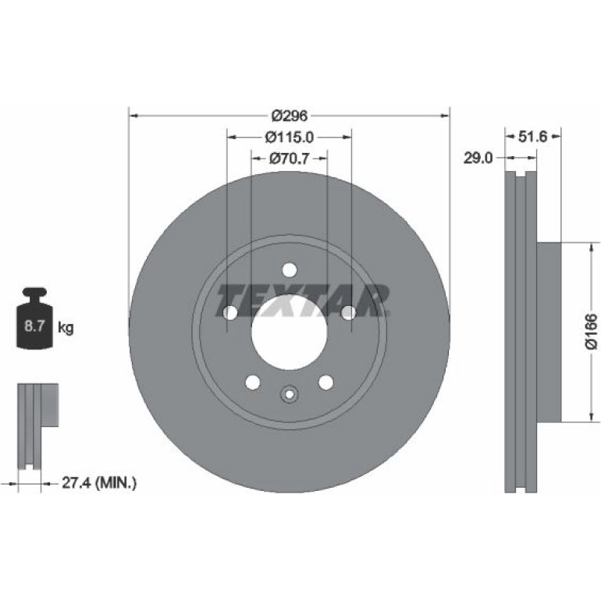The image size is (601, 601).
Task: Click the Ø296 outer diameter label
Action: click(290, 116)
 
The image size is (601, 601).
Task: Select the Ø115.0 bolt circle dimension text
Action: click(290, 137)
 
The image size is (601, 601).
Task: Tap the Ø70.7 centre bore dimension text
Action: click(289, 158)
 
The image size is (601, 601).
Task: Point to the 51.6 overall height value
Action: click(532, 137)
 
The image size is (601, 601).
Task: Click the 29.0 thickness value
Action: click(478, 158)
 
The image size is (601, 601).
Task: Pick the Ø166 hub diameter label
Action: click(591, 332)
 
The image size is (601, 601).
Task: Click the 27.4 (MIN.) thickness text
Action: click(99, 482)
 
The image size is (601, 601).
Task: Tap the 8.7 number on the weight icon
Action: click(35, 326)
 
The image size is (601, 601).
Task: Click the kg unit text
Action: click(66, 328)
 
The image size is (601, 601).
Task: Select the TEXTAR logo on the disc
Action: click(304, 300)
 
